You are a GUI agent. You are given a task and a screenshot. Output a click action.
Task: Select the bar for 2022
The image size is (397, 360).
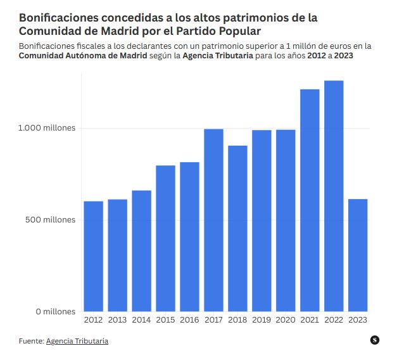pos(334,196)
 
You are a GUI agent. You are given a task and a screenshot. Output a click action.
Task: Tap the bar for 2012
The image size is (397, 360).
pos(93,257)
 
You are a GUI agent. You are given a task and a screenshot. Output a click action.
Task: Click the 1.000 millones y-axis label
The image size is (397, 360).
pos(46,128)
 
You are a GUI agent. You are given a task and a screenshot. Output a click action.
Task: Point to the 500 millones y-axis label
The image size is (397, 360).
pos(50,220)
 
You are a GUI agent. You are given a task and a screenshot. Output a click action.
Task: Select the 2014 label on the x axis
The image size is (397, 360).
pos(141,321)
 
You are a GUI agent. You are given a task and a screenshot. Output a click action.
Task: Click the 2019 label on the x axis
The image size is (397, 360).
pos(262,321)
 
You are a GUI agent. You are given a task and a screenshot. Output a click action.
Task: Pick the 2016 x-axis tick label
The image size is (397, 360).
pos(189,321)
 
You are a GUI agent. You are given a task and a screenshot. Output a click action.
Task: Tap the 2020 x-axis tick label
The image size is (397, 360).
pos(286,321)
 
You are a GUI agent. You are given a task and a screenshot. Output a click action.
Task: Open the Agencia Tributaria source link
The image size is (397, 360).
pos(77,341)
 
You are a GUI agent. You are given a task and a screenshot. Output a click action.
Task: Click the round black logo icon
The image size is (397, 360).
pos(375,340)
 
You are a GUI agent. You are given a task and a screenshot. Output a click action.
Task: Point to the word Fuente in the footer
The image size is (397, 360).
pos(31,341)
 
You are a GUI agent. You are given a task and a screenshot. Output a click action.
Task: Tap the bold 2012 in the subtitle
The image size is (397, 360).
pos(320,56)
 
